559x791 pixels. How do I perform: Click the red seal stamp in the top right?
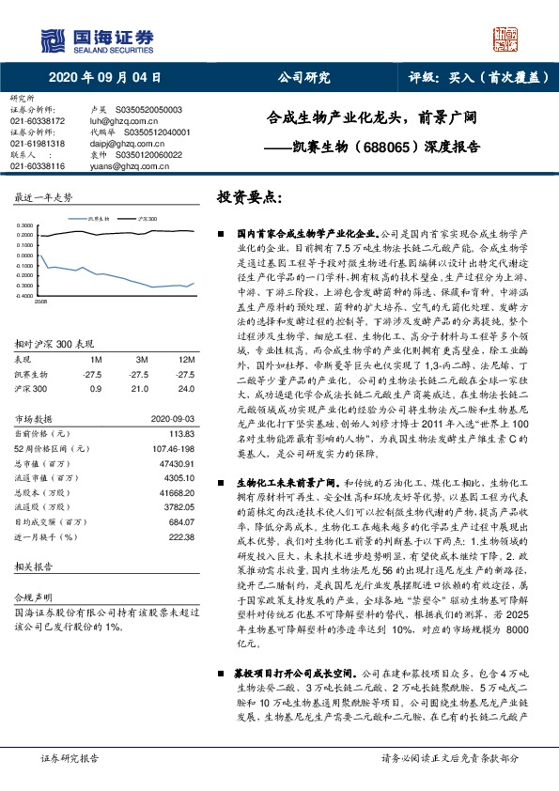click(x=508, y=39)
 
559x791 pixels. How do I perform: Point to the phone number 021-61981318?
click(x=38, y=143)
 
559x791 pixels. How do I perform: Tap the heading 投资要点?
click(x=250, y=198)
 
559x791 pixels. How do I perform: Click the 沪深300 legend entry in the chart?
click(x=146, y=217)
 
